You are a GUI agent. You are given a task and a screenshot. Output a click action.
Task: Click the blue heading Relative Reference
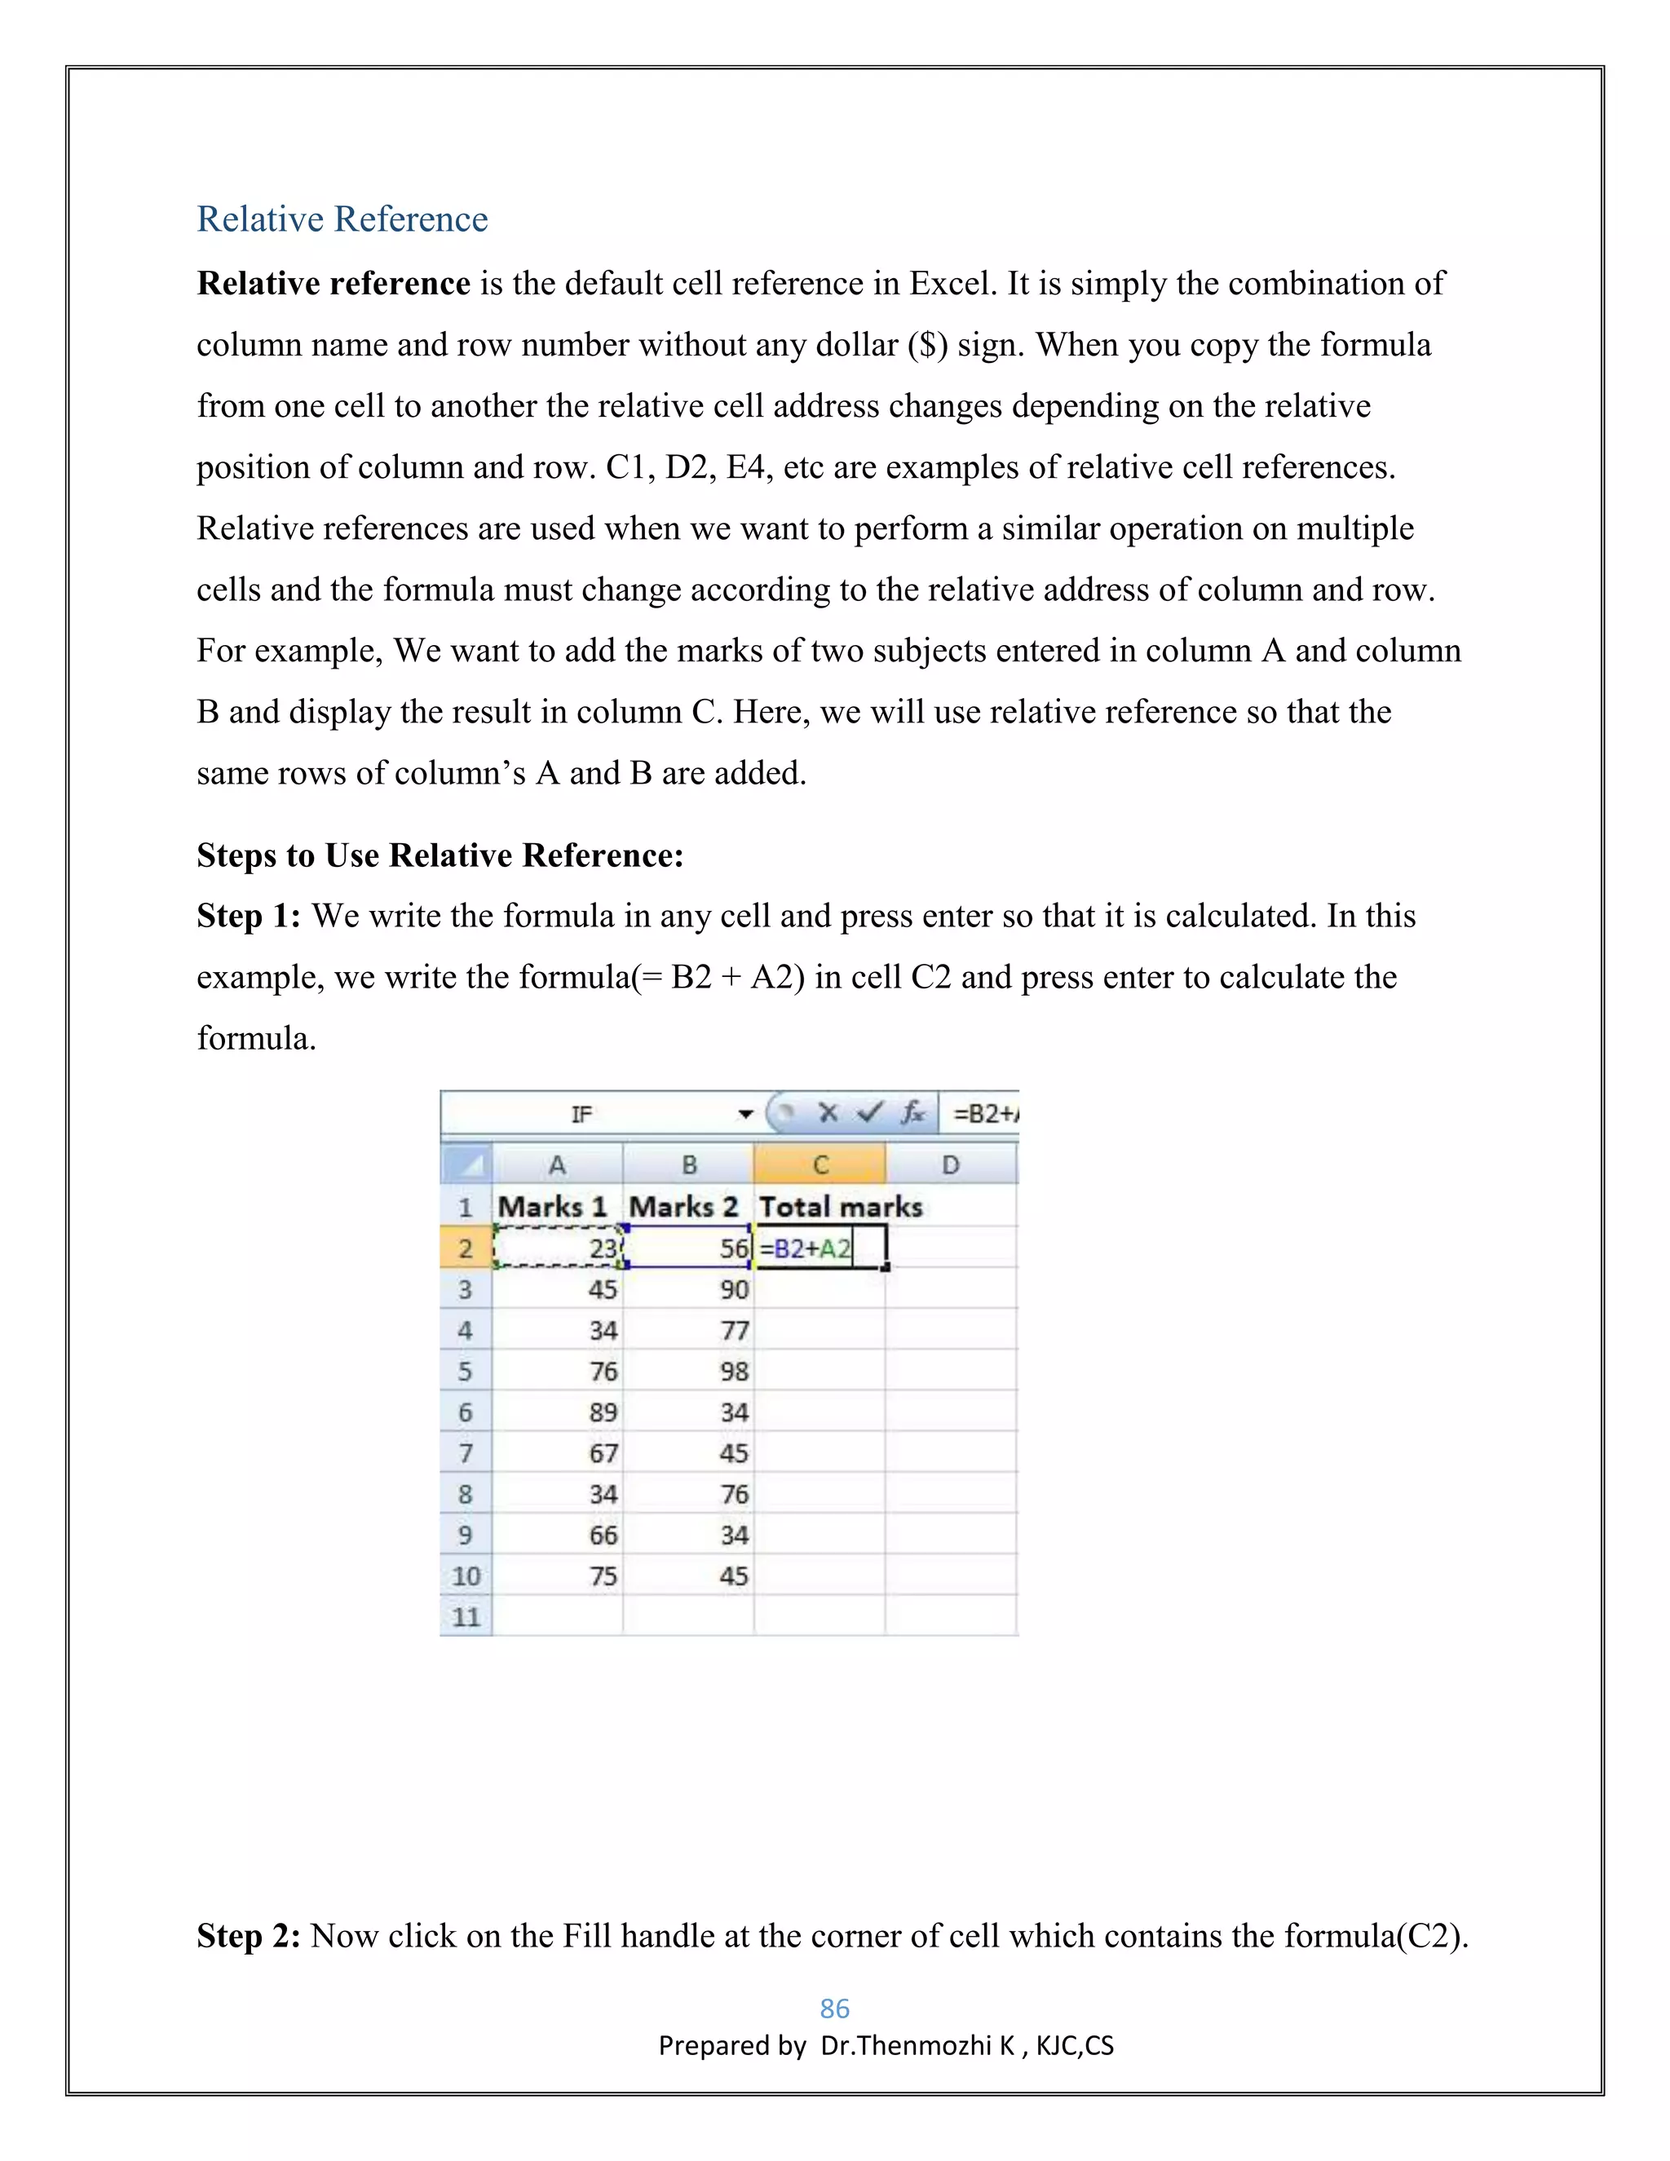click(342, 219)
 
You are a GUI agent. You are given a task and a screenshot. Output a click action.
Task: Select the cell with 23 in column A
click(558, 1248)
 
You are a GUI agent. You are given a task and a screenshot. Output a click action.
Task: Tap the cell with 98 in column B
click(688, 1372)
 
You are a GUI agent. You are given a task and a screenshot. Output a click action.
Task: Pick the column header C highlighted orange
click(820, 1164)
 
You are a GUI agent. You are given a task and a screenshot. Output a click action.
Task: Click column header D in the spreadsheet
click(950, 1164)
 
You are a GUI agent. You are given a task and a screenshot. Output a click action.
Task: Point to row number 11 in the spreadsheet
click(465, 1617)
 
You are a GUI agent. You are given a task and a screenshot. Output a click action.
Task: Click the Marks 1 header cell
click(553, 1207)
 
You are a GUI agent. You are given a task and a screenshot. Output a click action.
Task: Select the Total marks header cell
click(840, 1207)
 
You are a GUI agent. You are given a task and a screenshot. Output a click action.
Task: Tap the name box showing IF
click(581, 1114)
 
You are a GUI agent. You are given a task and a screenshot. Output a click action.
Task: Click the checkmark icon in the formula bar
click(869, 1113)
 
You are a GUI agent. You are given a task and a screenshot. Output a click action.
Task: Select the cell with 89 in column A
click(558, 1412)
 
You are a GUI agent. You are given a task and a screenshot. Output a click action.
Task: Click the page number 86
click(834, 2009)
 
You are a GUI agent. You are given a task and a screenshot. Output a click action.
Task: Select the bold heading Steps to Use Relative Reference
click(440, 855)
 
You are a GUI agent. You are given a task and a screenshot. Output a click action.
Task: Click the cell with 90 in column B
click(688, 1289)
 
